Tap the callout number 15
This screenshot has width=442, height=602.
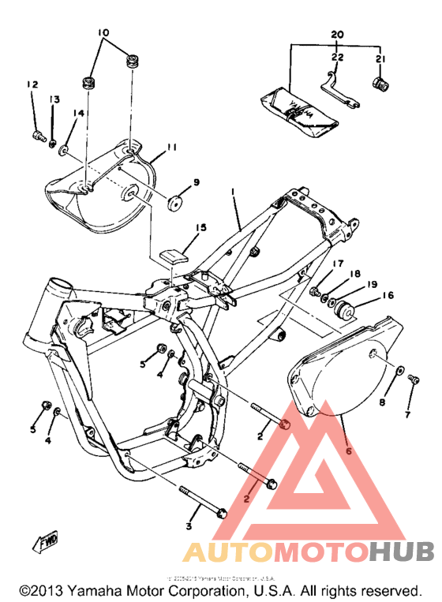201,228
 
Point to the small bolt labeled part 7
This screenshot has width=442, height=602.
413,382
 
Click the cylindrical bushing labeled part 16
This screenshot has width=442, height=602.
346,310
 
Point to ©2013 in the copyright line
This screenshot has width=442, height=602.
41,590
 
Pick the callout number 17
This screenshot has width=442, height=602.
337,264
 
